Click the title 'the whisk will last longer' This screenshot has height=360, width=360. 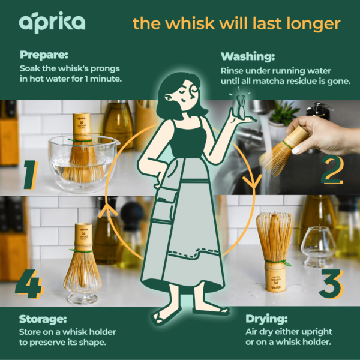[236, 23]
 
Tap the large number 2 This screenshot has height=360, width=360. [332, 170]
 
